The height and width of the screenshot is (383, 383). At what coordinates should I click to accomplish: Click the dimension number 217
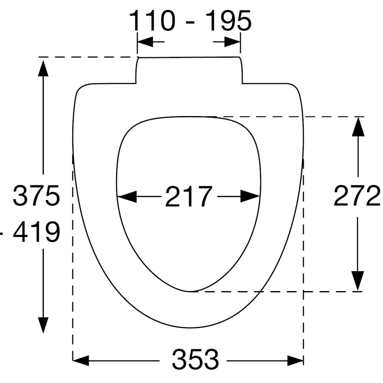(189, 196)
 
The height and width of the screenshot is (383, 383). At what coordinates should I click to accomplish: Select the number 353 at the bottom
(195, 360)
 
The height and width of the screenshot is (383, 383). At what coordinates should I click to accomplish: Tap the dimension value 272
(357, 195)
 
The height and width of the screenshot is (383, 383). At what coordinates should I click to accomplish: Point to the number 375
(36, 195)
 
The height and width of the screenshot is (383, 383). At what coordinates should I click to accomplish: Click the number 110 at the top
(152, 20)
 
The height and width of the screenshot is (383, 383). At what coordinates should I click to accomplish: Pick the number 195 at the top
(228, 20)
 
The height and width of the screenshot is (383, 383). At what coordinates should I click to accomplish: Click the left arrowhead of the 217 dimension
(127, 196)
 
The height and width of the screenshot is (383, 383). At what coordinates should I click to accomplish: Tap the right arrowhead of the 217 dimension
(250, 196)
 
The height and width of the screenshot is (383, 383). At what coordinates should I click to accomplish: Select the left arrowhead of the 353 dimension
(81, 360)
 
